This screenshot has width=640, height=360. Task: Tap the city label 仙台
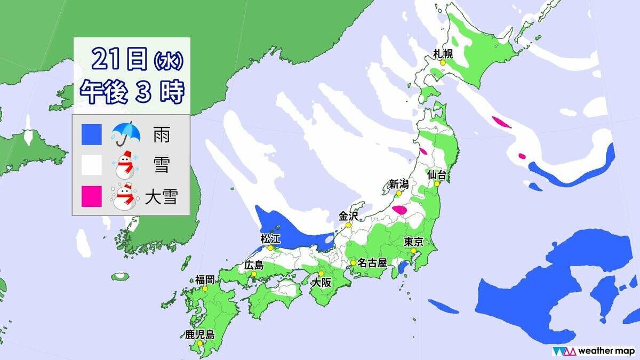tap(437, 174)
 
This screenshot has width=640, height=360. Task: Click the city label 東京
tap(414, 242)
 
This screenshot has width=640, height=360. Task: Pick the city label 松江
tap(270, 239)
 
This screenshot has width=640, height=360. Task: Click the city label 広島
tap(253, 265)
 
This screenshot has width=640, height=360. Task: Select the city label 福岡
tap(205, 279)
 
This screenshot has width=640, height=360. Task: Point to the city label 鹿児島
tap(199, 334)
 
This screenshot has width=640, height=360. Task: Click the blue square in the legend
tap(92, 135)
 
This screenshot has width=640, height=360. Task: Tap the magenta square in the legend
tap(92, 196)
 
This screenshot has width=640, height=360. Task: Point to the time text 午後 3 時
tap(131, 92)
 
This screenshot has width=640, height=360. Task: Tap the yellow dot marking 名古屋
tap(353, 263)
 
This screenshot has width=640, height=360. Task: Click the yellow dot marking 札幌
tap(443, 62)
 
